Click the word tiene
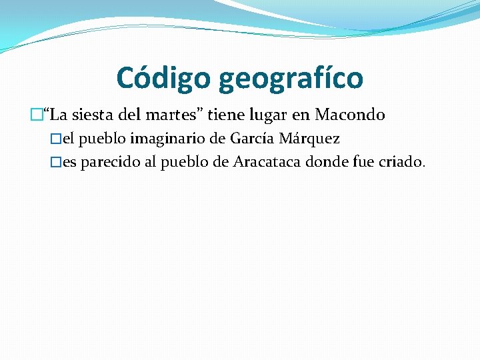pos(229,115)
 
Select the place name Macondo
pos(350,115)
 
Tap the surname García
pos(253,139)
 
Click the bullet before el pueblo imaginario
pos(57,139)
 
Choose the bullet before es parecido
pos(57,163)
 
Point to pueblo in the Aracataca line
pos(187,163)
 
